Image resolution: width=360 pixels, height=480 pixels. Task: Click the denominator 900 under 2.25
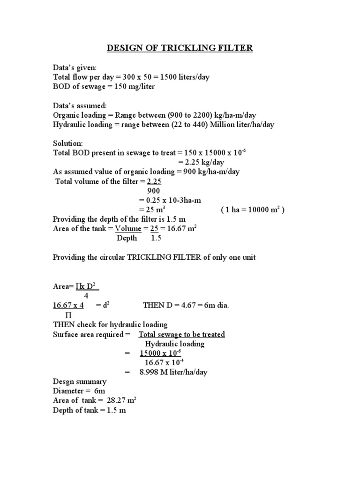click(x=154, y=191)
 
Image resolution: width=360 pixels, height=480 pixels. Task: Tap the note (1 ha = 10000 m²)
click(x=252, y=210)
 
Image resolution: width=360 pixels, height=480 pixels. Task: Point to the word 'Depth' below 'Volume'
click(x=127, y=238)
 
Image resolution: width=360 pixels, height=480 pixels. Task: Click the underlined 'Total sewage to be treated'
click(x=181, y=334)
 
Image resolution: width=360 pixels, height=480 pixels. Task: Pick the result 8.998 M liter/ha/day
click(x=173, y=372)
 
